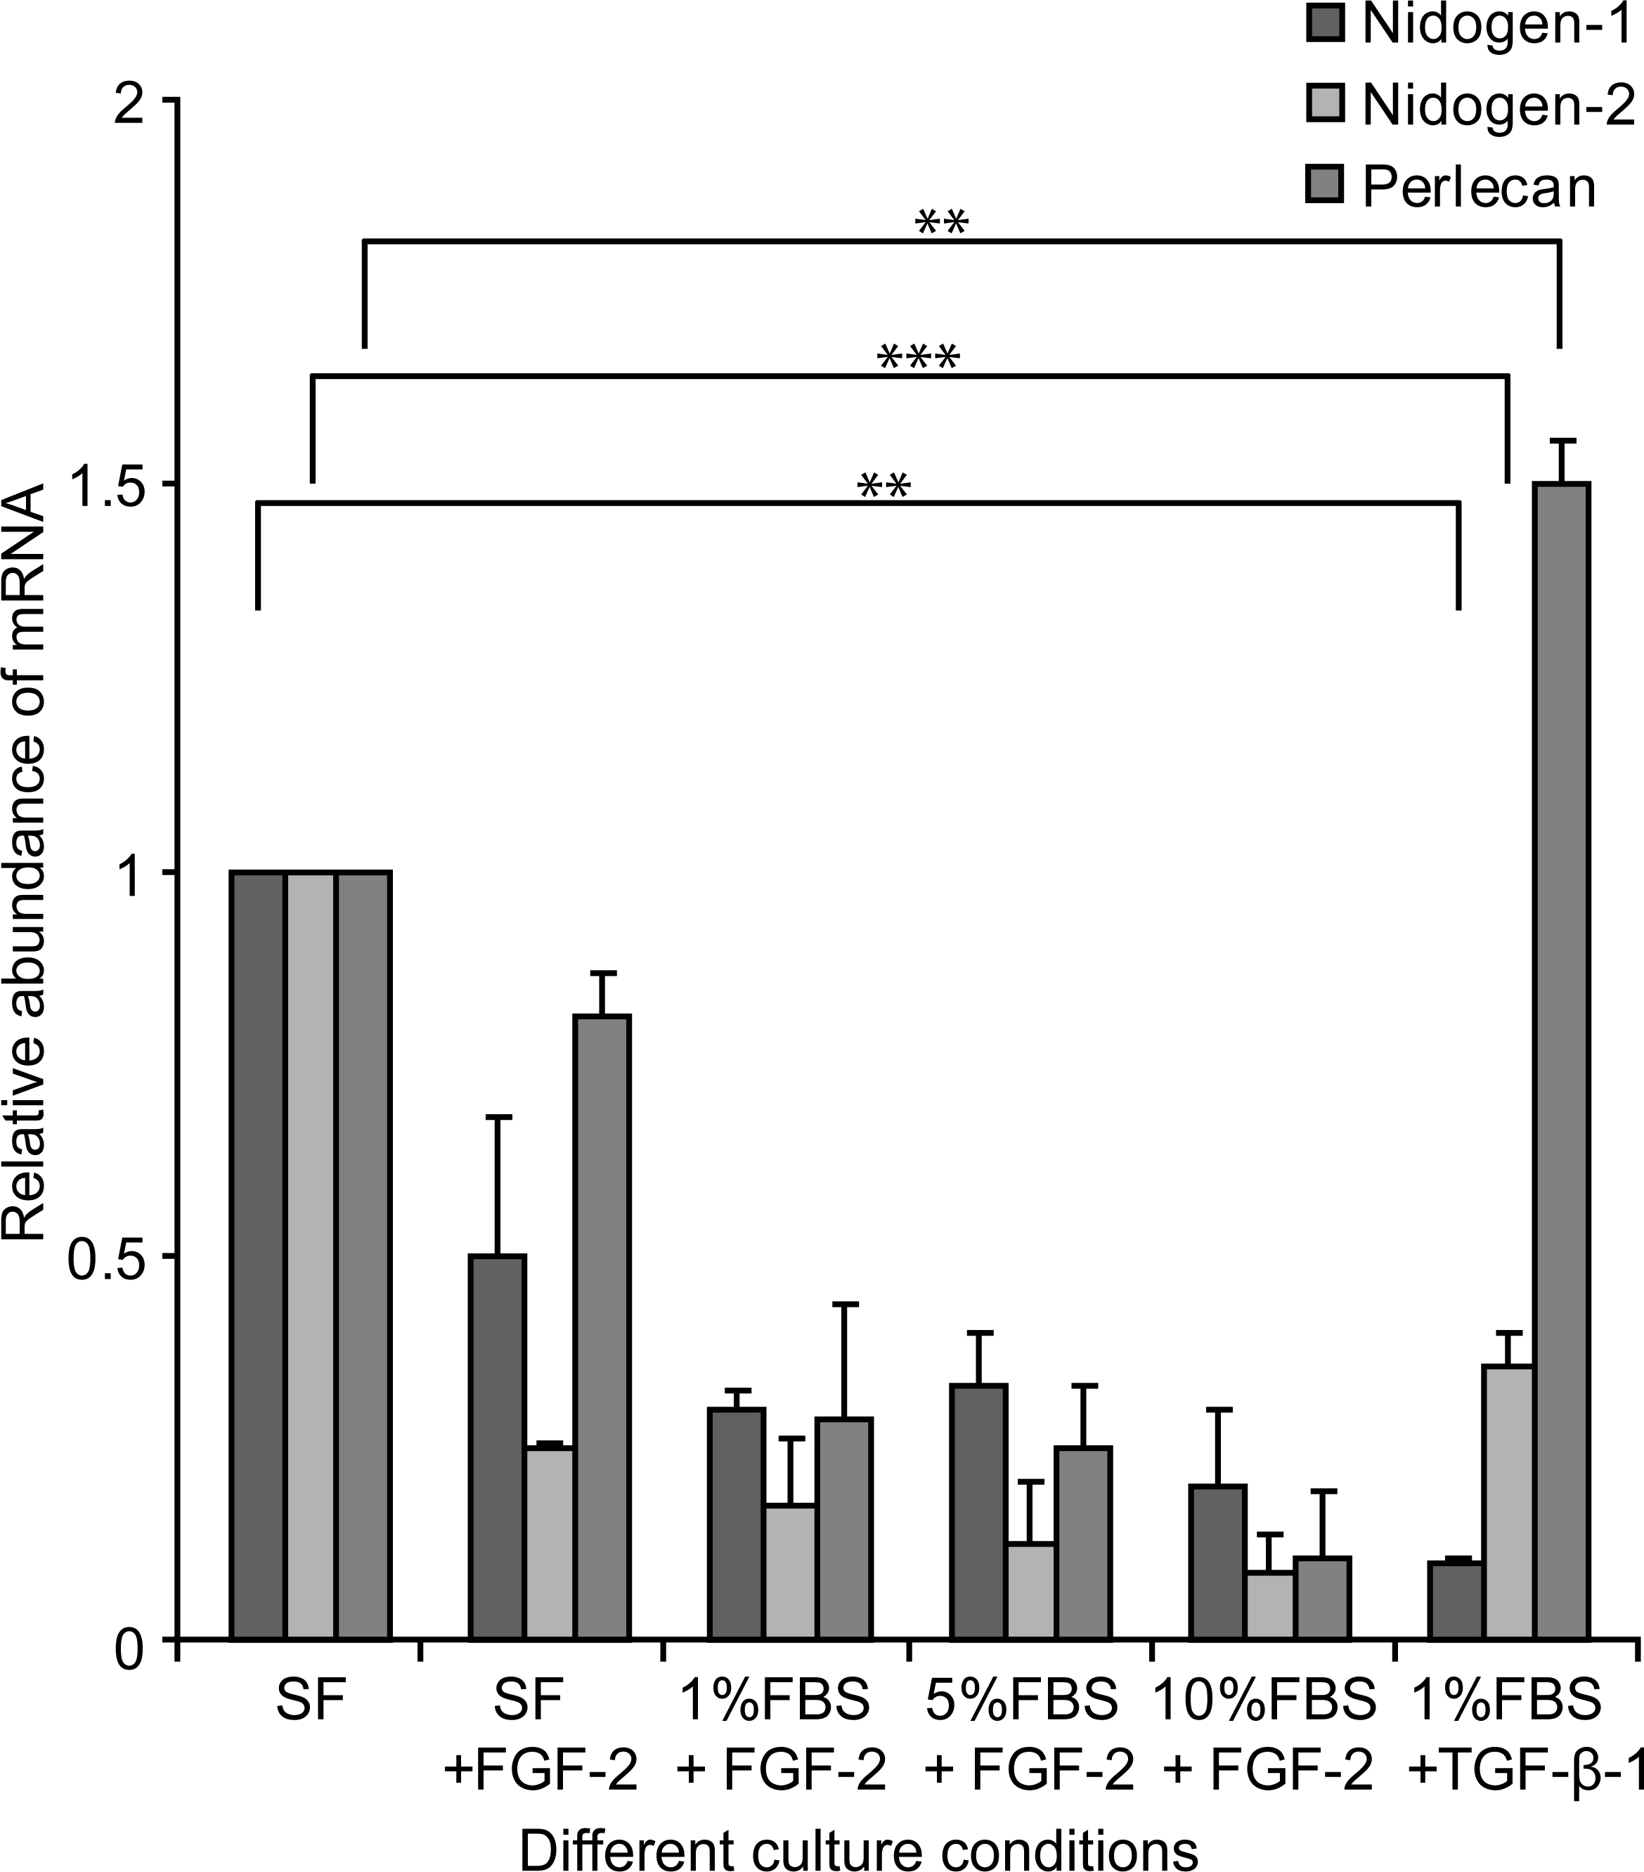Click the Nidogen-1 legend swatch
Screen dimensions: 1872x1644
click(x=1324, y=25)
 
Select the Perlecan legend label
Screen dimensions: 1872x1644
click(x=1479, y=188)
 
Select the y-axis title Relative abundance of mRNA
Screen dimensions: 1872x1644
click(x=25, y=865)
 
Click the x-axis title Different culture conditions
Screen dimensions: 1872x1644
click(x=859, y=1847)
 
